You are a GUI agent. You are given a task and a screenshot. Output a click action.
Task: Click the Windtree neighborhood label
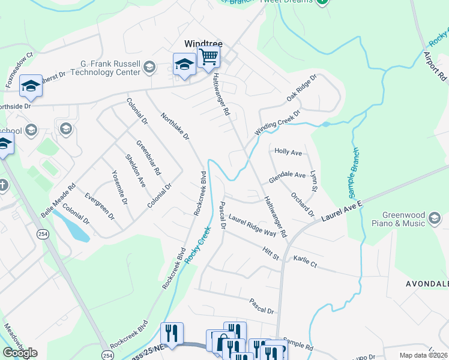click(x=203, y=43)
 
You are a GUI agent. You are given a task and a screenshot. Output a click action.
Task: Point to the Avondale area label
click(x=427, y=283)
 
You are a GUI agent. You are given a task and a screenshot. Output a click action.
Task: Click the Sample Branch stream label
click(x=354, y=173)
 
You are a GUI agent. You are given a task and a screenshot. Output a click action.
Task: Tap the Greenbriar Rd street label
click(x=148, y=157)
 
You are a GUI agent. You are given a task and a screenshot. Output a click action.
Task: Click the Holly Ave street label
click(x=288, y=152)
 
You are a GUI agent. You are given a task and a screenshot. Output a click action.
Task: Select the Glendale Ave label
click(x=287, y=176)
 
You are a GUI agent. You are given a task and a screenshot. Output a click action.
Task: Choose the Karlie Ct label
click(x=305, y=262)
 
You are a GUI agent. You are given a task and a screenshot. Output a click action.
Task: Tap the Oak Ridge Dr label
click(x=301, y=88)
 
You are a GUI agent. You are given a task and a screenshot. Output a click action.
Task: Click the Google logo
click(x=20, y=353)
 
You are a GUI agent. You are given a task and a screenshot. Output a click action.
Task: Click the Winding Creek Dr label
click(x=277, y=122)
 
